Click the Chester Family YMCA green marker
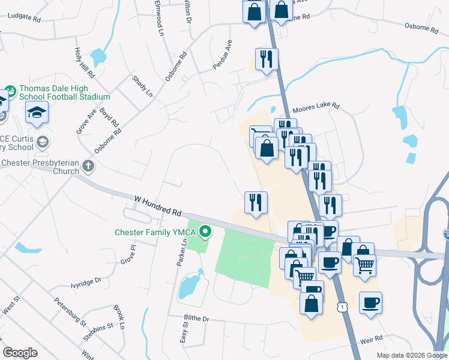point(206,230)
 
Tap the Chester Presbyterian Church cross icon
point(88,166)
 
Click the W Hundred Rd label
point(158,205)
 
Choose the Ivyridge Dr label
point(86,280)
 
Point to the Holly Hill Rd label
point(85,63)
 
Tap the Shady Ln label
point(142,85)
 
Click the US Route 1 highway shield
point(342,307)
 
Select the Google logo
point(20,353)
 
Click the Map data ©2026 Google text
point(412,355)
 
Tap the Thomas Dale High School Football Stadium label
point(65,92)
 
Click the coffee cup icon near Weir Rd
point(370,302)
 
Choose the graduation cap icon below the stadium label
point(37,112)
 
